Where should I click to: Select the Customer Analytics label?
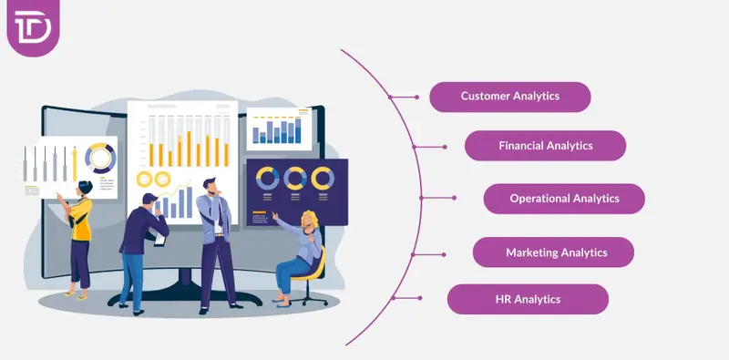tap(509, 96)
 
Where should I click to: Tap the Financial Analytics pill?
tap(545, 145)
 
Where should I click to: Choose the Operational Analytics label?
tap(563, 198)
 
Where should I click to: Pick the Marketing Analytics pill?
tap(552, 252)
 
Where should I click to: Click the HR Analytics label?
tap(527, 299)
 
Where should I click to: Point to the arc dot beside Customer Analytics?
tap(391, 96)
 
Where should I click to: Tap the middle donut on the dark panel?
tap(294, 177)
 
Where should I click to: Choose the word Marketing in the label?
tap(532, 252)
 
